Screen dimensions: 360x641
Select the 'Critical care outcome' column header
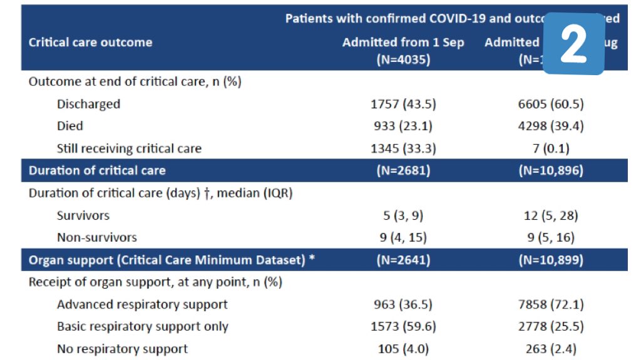tap(90, 43)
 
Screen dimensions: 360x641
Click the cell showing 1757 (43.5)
tap(403, 104)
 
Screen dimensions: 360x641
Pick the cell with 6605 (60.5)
tap(551, 104)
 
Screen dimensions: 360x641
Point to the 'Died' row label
tap(70, 126)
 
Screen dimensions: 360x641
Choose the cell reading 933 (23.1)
tap(403, 126)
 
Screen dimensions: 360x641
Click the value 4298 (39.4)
tap(551, 126)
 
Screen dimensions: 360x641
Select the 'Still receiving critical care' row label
tap(129, 148)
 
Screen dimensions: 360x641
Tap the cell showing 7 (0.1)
tap(551, 148)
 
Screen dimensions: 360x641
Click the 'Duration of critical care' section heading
tap(97, 170)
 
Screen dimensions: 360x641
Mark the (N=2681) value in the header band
tap(403, 170)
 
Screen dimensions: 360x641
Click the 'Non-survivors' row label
tap(96, 237)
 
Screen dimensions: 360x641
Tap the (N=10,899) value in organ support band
tap(551, 260)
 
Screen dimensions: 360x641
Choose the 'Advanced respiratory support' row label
tap(142, 304)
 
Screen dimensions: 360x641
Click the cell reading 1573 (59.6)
tap(403, 326)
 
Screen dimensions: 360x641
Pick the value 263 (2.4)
tap(551, 349)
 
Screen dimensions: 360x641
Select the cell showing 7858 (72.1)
tap(551, 304)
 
